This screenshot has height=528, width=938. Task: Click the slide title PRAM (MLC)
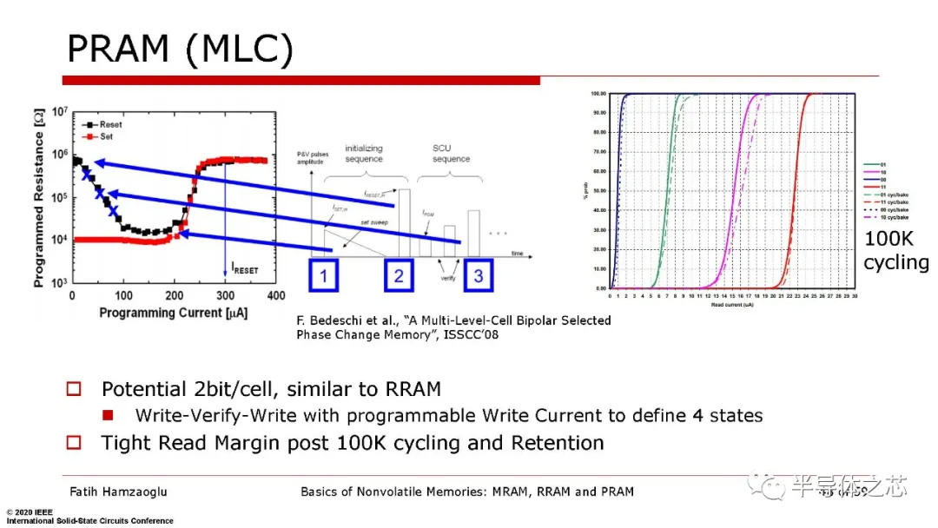click(180, 49)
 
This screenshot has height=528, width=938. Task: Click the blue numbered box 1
click(323, 276)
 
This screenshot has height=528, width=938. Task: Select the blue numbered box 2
click(399, 276)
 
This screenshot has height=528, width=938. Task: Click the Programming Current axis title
click(173, 313)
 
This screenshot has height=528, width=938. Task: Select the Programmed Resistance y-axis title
click(39, 197)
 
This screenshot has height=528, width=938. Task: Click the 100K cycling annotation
click(895, 251)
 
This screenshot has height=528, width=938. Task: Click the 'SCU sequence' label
click(451, 154)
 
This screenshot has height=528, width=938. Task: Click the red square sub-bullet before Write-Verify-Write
click(109, 415)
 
